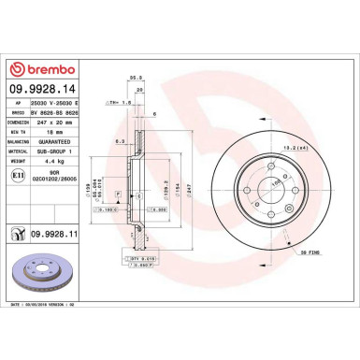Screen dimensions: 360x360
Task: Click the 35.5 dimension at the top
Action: [x=135, y=79]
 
